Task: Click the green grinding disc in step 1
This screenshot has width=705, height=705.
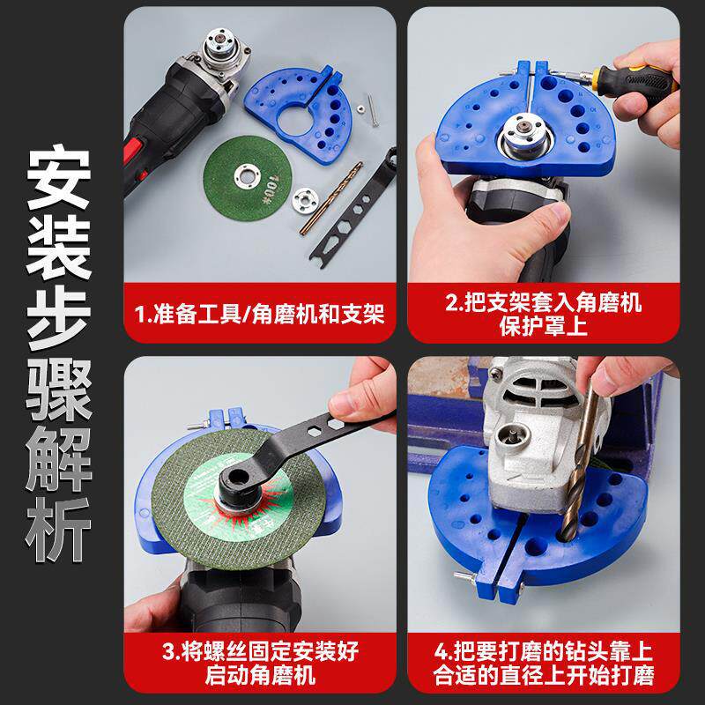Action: click(248, 178)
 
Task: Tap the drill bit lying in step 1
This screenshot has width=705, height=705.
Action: click(331, 198)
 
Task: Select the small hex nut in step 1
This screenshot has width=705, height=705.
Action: click(360, 108)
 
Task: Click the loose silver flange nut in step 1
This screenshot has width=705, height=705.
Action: click(306, 200)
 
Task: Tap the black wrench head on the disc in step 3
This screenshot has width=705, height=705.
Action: click(238, 480)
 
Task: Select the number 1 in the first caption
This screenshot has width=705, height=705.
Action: click(141, 315)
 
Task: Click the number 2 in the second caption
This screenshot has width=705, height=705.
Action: click(451, 301)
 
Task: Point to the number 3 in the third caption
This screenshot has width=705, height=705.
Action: click(167, 651)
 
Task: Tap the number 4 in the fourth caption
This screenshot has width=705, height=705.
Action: click(442, 651)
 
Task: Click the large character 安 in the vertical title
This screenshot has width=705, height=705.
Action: click(58, 178)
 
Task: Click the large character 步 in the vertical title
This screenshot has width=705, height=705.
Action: click(58, 318)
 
